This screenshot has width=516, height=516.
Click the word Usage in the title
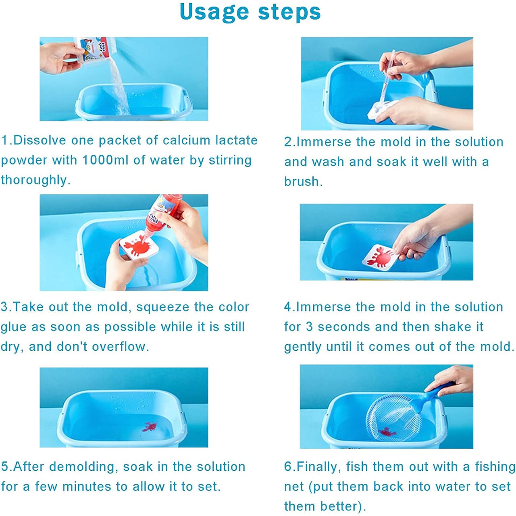214,12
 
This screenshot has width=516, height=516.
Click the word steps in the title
289,12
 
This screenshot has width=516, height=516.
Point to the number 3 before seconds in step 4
309,327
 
